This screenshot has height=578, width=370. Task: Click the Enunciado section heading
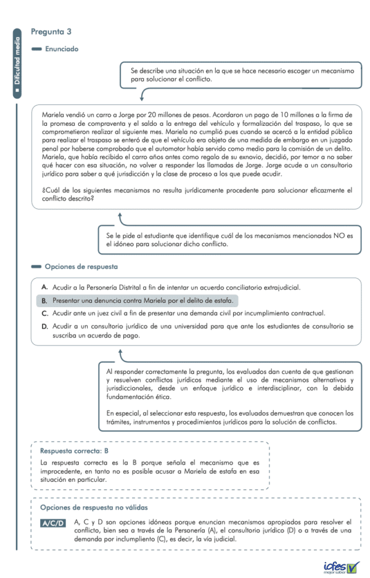(x=61, y=49)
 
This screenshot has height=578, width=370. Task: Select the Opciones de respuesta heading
(x=81, y=266)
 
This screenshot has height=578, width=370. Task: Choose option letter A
(x=45, y=287)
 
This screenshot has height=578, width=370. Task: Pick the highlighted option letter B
(x=45, y=300)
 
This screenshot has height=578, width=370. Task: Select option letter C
(x=45, y=313)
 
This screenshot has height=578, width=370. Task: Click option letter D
(x=45, y=326)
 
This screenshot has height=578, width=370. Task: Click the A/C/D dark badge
(x=53, y=524)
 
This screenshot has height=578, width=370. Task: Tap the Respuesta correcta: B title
(x=74, y=451)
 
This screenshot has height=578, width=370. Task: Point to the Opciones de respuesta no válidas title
(x=94, y=507)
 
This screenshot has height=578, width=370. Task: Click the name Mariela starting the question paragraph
(x=53, y=115)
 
